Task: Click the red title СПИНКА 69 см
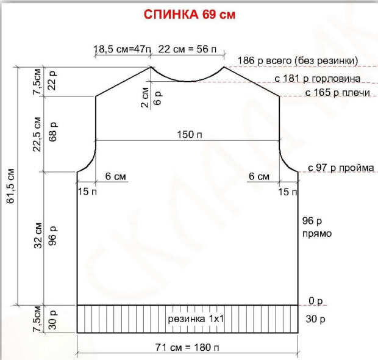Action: [190, 15]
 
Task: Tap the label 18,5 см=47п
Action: [122, 49]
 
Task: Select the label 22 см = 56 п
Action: [187, 49]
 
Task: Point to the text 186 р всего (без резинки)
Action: [298, 60]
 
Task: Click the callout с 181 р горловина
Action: [318, 79]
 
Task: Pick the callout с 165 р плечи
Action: [338, 93]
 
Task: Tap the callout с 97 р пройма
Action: [341, 168]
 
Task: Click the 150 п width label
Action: [190, 134]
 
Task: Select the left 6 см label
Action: [115, 176]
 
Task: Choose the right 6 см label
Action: [259, 176]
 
